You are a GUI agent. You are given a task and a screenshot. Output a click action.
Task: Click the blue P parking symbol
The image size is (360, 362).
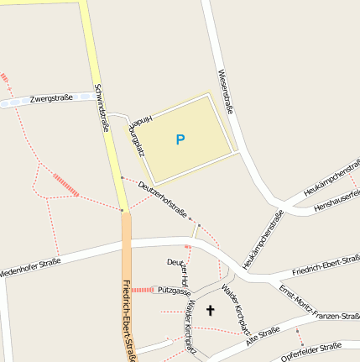click(180, 139)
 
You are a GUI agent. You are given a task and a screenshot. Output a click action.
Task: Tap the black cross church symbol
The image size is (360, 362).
click(210, 311)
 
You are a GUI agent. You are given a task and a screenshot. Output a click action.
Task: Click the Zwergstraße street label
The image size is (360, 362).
click(51, 98)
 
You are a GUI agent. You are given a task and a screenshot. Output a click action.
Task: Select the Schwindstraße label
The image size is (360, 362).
click(102, 108)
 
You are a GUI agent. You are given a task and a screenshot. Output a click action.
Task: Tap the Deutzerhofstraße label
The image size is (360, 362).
click(163, 201)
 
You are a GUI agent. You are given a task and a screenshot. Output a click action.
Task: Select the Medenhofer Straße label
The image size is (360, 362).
click(31, 267)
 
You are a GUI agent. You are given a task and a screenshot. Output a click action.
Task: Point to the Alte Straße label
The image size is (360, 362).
click(263, 337)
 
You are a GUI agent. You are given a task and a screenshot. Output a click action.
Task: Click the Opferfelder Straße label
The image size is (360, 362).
click(311, 350)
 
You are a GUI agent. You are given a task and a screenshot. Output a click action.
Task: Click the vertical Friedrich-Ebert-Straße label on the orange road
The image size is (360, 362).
click(129, 319)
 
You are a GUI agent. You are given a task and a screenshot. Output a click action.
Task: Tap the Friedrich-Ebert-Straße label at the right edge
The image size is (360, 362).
click(326, 265)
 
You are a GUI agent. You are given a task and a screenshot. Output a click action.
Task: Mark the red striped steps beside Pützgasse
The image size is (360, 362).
click(143, 290)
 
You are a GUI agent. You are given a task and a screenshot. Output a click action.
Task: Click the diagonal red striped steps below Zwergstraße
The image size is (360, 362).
click(65, 185)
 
